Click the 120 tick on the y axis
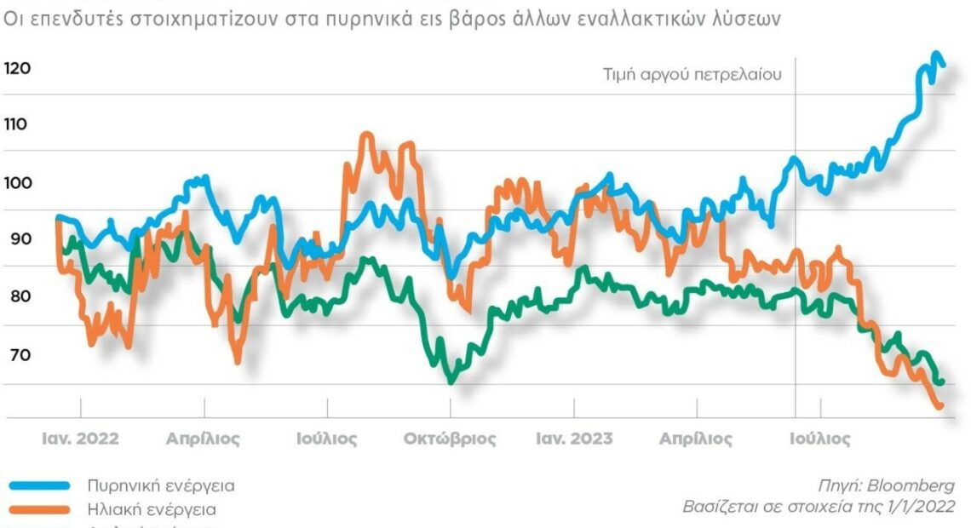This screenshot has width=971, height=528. pos(17,68)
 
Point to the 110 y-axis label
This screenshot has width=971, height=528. pos(16,124)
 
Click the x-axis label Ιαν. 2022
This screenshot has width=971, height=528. pos(81,439)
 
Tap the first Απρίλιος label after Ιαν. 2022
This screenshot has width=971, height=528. pos(203,439)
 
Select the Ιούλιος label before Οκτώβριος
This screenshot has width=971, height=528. pos(327,439)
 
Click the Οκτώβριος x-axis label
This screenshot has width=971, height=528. pos(450,439)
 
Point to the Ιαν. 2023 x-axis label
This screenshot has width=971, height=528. pos(573,439)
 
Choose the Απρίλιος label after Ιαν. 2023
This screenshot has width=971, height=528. pos(696,439)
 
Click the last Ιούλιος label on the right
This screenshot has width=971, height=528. pos(819,439)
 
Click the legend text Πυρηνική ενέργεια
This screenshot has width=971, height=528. pos(161,485)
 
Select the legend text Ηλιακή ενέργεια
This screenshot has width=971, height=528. pos(152,509)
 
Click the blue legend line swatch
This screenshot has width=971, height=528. pos(39,485)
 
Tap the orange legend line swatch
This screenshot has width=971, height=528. pos(39,509)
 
